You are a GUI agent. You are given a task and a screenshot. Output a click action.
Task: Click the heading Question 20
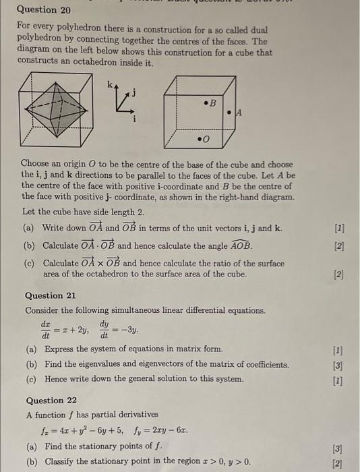[x=44, y=10]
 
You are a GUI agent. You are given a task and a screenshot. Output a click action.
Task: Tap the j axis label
[x=133, y=94]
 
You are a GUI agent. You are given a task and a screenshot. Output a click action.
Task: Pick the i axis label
[x=133, y=119]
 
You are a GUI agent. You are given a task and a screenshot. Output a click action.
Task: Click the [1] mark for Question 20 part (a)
[x=338, y=229]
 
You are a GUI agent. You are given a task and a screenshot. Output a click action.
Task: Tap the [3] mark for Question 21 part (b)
[x=338, y=365]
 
